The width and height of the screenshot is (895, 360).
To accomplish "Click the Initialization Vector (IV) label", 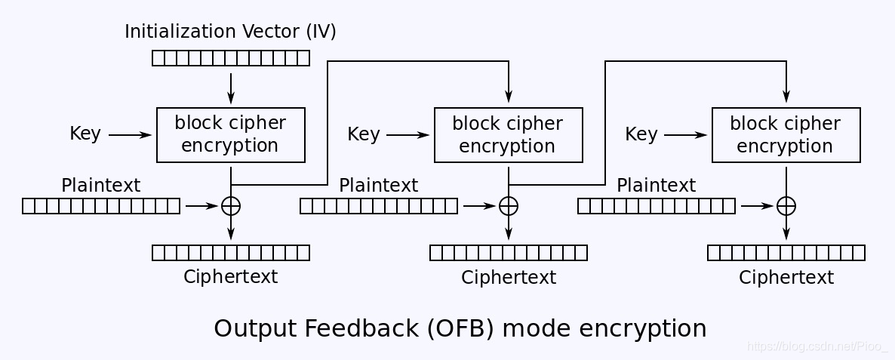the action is (x=231, y=32).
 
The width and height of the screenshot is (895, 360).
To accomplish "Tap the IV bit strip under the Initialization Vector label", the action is (x=231, y=58).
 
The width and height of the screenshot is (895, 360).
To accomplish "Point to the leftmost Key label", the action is (x=85, y=134).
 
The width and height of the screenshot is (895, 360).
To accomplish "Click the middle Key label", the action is (x=364, y=134).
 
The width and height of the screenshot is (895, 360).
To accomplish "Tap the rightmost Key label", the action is (x=641, y=134).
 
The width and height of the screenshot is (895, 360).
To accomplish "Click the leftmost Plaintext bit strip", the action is (x=101, y=206).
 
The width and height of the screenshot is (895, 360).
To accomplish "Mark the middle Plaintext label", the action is (x=378, y=186).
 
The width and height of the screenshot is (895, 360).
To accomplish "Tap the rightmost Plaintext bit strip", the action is (x=657, y=206).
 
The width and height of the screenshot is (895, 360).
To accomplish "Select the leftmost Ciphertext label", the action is (x=231, y=277).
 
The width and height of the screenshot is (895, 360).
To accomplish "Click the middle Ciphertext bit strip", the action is (x=509, y=253).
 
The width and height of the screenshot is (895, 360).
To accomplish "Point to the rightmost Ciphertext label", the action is (x=786, y=277).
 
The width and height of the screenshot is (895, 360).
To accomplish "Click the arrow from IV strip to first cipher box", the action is (x=231, y=88).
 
